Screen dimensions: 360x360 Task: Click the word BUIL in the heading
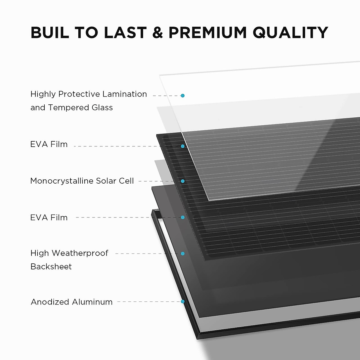click(50, 33)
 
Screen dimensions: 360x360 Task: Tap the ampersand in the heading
click(157, 33)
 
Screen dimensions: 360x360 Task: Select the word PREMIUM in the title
click(207, 33)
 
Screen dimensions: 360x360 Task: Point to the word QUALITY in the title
click(290, 33)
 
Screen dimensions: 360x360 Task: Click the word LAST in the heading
click(125, 33)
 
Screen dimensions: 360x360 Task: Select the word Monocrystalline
click(62, 181)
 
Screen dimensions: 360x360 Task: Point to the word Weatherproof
click(80, 253)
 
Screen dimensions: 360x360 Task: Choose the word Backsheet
click(51, 267)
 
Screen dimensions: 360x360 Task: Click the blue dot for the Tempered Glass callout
click(182, 96)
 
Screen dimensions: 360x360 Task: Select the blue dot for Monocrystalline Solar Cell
click(182, 181)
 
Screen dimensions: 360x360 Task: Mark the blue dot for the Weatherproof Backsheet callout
click(182, 253)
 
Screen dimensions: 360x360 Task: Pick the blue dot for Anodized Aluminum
click(182, 301)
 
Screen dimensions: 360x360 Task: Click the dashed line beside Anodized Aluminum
click(148, 301)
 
